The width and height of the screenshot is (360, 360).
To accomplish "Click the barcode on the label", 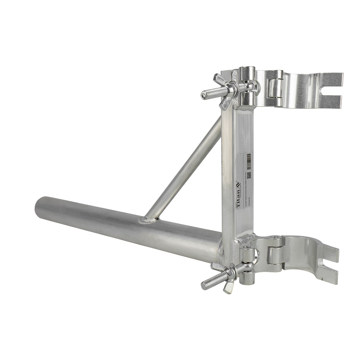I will tap(248, 161).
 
